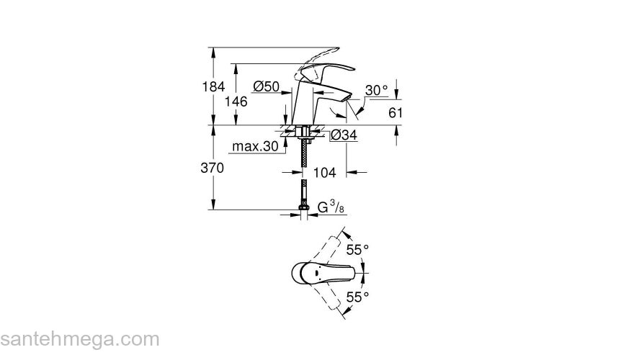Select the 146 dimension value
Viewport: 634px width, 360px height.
(x=236, y=102)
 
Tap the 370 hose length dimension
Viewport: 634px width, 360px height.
(x=213, y=168)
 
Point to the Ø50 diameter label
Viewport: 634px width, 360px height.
(x=266, y=86)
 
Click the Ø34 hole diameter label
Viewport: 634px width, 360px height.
(x=344, y=135)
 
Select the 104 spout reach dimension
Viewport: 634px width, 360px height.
(x=325, y=174)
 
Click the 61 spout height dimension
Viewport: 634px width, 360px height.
(x=396, y=112)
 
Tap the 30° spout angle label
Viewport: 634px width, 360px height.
(x=375, y=90)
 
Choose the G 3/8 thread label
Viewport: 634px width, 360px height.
(x=331, y=208)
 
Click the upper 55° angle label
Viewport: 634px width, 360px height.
(x=357, y=250)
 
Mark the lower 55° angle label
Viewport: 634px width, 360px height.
(x=357, y=296)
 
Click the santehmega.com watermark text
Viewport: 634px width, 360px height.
(x=79, y=338)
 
